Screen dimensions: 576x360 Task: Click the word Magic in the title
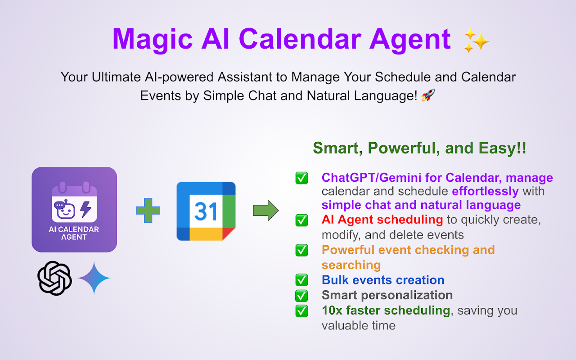tap(153, 39)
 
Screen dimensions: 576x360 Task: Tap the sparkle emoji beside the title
tap(476, 40)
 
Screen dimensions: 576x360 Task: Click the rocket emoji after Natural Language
tap(428, 95)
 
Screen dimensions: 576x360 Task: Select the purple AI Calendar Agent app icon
tap(74, 210)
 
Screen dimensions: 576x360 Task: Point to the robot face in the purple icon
tap(64, 209)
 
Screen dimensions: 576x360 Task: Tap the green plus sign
tap(148, 210)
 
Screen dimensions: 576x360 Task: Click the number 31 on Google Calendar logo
tap(206, 211)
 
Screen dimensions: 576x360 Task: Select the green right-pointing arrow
tap(266, 210)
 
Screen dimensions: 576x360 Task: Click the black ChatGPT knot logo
tap(54, 278)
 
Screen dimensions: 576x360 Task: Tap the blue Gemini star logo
tap(94, 278)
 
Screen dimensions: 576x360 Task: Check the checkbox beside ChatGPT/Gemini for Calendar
tap(301, 178)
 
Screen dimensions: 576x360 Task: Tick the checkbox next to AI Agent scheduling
tap(301, 220)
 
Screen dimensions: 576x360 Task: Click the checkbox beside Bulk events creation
tap(301, 280)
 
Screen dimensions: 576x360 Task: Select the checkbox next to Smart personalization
tap(301, 296)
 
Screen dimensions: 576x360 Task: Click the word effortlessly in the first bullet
tap(485, 192)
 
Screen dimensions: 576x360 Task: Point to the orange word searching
tap(351, 265)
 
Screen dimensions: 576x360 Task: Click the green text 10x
tap(332, 310)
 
